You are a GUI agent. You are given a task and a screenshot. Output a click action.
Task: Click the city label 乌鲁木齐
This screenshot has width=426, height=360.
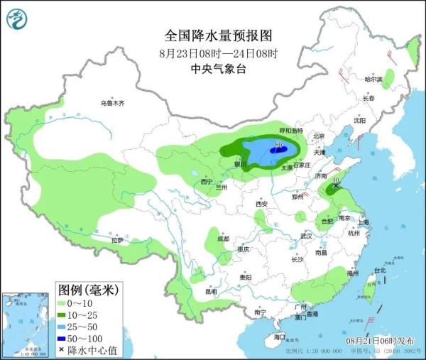coord(112,103)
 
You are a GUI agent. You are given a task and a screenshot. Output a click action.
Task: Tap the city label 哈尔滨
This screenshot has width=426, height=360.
coord(373,79)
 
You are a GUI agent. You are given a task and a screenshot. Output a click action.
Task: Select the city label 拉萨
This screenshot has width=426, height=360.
coord(116,241)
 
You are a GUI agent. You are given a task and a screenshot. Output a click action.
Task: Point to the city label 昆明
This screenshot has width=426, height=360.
coord(210,291)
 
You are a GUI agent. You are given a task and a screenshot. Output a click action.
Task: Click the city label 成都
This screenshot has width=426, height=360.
coord(224,238)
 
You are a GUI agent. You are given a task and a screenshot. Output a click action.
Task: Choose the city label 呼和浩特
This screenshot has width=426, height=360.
coord(291,131)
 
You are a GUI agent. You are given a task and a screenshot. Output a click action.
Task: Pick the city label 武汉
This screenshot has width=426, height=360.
coord(307,235)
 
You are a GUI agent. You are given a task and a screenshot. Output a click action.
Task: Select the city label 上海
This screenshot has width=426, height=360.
coord(364,222)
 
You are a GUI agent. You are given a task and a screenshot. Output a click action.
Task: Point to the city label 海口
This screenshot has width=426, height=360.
coord(280,337)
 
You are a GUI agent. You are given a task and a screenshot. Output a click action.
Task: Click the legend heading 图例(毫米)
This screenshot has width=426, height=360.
coord(87,290)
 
